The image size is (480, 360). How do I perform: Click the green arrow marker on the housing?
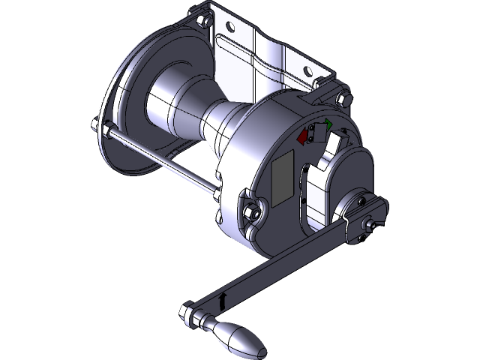pyautogui.click(x=328, y=124)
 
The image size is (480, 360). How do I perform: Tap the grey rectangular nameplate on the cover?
pyautogui.click(x=283, y=180)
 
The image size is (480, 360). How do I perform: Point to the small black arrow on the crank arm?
pyautogui.click(x=223, y=301)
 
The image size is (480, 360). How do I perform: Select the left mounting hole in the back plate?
pyautogui.click(x=229, y=29)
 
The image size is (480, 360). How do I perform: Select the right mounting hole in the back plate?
pyautogui.click(x=307, y=72)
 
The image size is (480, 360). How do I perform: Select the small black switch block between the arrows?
pyautogui.click(x=316, y=133)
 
